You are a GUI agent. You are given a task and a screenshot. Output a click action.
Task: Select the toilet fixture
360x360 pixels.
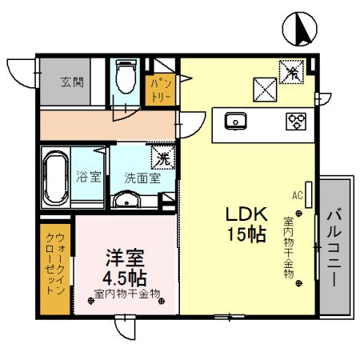[x=125, y=78]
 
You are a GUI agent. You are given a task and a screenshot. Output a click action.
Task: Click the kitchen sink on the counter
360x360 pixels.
[x=236, y=121]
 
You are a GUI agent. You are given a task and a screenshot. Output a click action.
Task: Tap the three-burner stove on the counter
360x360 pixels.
[x=296, y=122]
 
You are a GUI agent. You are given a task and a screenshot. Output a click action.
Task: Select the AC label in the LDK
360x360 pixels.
[x=297, y=194]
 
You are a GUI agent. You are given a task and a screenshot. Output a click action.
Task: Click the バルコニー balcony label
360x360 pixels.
[x=334, y=249]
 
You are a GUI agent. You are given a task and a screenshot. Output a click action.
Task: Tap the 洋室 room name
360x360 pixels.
[x=126, y=259]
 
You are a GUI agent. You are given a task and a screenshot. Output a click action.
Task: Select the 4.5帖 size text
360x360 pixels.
[x=126, y=278]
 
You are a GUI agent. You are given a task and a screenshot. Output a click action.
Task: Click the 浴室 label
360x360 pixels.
[x=88, y=177]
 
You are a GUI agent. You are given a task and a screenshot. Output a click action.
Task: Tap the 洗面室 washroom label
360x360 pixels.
[x=141, y=177]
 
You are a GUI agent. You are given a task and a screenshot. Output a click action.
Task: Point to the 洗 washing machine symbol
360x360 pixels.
[x=161, y=156]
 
